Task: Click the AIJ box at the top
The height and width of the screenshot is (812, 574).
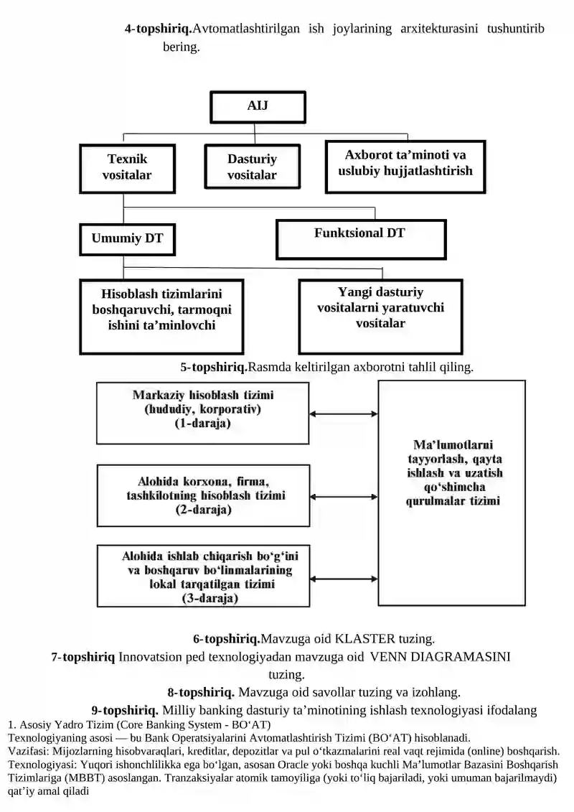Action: (x=258, y=107)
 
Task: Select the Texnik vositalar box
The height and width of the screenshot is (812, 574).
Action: (x=127, y=168)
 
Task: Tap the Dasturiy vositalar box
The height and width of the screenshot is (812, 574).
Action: (x=252, y=167)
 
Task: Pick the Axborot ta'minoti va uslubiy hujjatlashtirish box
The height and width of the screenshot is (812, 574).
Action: (x=405, y=167)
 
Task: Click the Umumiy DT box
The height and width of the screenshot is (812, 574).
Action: (x=127, y=239)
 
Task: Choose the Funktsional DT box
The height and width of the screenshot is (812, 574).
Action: (x=361, y=239)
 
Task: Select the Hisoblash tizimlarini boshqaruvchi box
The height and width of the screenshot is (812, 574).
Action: (x=161, y=317)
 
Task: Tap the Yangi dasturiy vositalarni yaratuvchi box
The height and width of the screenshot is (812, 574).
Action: (x=380, y=317)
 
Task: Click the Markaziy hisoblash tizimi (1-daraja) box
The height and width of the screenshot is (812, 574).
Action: (x=203, y=414)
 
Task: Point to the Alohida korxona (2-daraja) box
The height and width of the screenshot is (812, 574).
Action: (x=203, y=495)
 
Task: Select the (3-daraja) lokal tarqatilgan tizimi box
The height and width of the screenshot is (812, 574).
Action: (x=203, y=576)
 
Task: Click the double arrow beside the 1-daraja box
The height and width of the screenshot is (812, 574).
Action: (x=344, y=414)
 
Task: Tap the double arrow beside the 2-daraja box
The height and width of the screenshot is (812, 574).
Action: (x=344, y=497)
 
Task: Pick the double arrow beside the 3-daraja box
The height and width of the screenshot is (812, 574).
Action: (x=344, y=579)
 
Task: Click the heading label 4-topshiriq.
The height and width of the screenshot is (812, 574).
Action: (x=159, y=29)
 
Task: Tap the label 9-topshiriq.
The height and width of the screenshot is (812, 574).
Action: (x=125, y=710)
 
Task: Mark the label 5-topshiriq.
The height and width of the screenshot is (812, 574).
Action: (x=214, y=367)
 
